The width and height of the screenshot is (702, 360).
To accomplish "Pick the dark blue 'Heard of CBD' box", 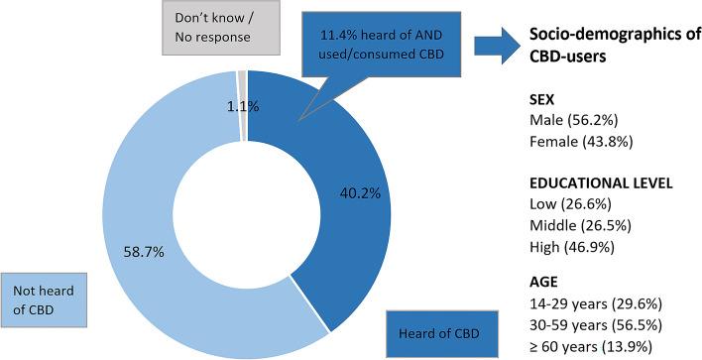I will click(x=431, y=332).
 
